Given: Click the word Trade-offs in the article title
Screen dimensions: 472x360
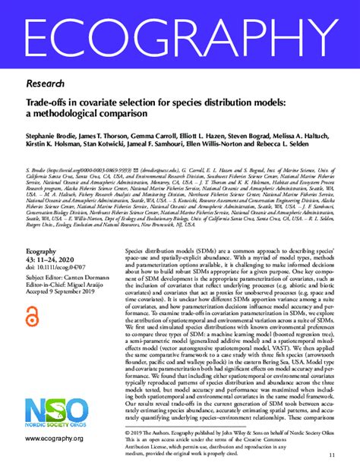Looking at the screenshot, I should [x=46, y=102].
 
